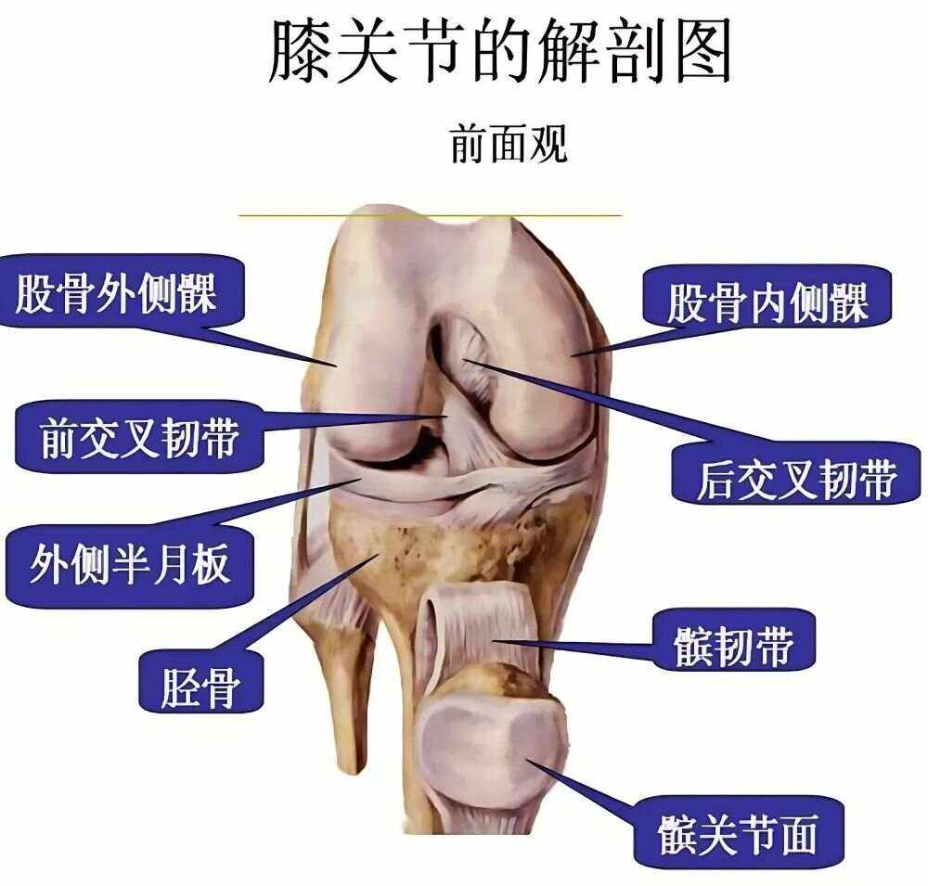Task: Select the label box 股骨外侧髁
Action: [115, 294]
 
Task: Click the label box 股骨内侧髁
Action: [767, 302]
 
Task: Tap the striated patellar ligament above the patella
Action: [477, 632]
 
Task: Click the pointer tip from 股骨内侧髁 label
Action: [574, 353]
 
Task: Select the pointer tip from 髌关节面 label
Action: [528, 760]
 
